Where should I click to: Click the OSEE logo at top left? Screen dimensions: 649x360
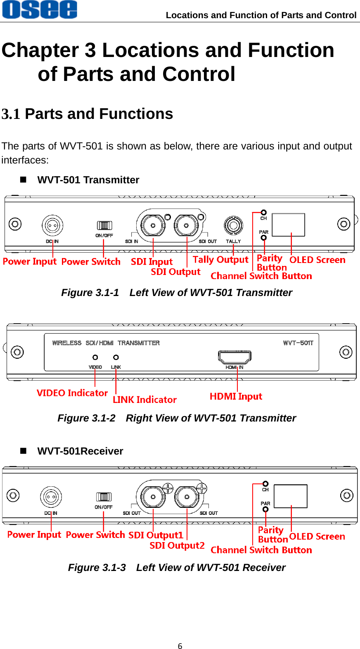40,9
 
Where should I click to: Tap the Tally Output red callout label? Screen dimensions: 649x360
220,260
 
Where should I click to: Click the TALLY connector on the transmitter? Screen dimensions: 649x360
233,225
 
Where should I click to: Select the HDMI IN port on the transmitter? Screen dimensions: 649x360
235,356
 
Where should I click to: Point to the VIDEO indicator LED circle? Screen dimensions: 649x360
95,357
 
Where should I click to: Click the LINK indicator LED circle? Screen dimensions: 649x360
116,357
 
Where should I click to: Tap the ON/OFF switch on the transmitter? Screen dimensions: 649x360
104,225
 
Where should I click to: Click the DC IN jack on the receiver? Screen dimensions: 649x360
51,497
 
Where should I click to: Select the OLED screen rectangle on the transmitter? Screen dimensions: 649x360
288,225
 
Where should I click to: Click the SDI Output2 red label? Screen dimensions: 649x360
177,545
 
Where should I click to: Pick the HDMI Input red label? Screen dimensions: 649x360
236,396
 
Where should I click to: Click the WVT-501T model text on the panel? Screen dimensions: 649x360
298,343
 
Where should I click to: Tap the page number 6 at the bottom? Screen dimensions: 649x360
180,646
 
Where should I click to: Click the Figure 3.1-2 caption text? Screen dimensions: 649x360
177,418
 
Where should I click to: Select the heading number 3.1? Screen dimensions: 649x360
11,114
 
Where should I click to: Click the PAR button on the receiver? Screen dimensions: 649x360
265,509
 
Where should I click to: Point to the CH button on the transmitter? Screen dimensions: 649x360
263,213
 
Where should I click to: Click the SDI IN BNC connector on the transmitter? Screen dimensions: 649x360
153,225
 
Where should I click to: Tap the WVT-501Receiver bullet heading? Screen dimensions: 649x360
80,451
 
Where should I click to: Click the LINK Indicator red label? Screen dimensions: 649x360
144,400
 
